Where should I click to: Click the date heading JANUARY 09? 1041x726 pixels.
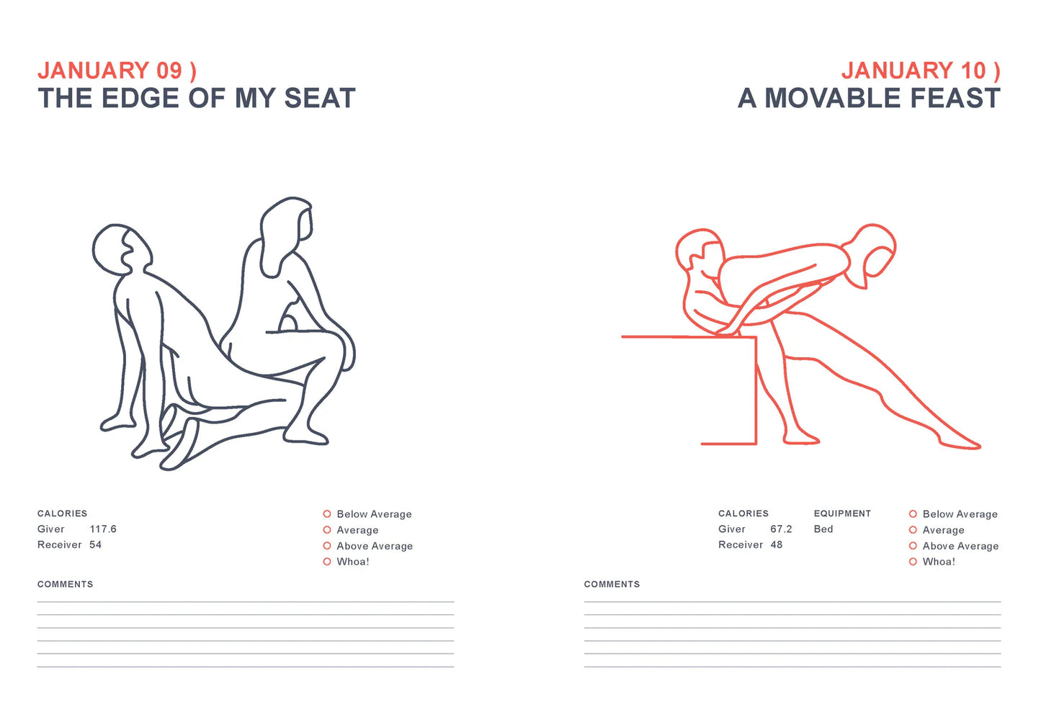point(116,71)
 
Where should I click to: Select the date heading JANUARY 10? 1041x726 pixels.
point(920,71)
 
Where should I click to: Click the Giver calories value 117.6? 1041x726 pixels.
point(103,529)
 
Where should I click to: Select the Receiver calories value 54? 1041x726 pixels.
point(95,545)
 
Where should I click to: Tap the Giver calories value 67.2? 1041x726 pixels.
point(781,529)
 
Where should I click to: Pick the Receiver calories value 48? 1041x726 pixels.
point(776,545)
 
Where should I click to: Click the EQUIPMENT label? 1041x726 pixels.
point(842,514)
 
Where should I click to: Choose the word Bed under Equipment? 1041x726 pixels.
point(823,529)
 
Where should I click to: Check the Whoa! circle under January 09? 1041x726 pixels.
point(327,562)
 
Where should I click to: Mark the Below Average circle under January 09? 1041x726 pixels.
point(327,514)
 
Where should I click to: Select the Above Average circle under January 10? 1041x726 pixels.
point(913,546)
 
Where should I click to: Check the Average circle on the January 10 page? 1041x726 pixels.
point(913,530)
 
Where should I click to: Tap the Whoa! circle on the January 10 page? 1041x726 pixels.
point(913,562)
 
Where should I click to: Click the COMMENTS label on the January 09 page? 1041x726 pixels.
point(66,585)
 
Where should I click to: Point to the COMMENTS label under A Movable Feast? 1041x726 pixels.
point(612,585)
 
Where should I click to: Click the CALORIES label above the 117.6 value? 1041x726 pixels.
point(63,514)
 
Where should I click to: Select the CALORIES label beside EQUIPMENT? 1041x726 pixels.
point(743,514)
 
